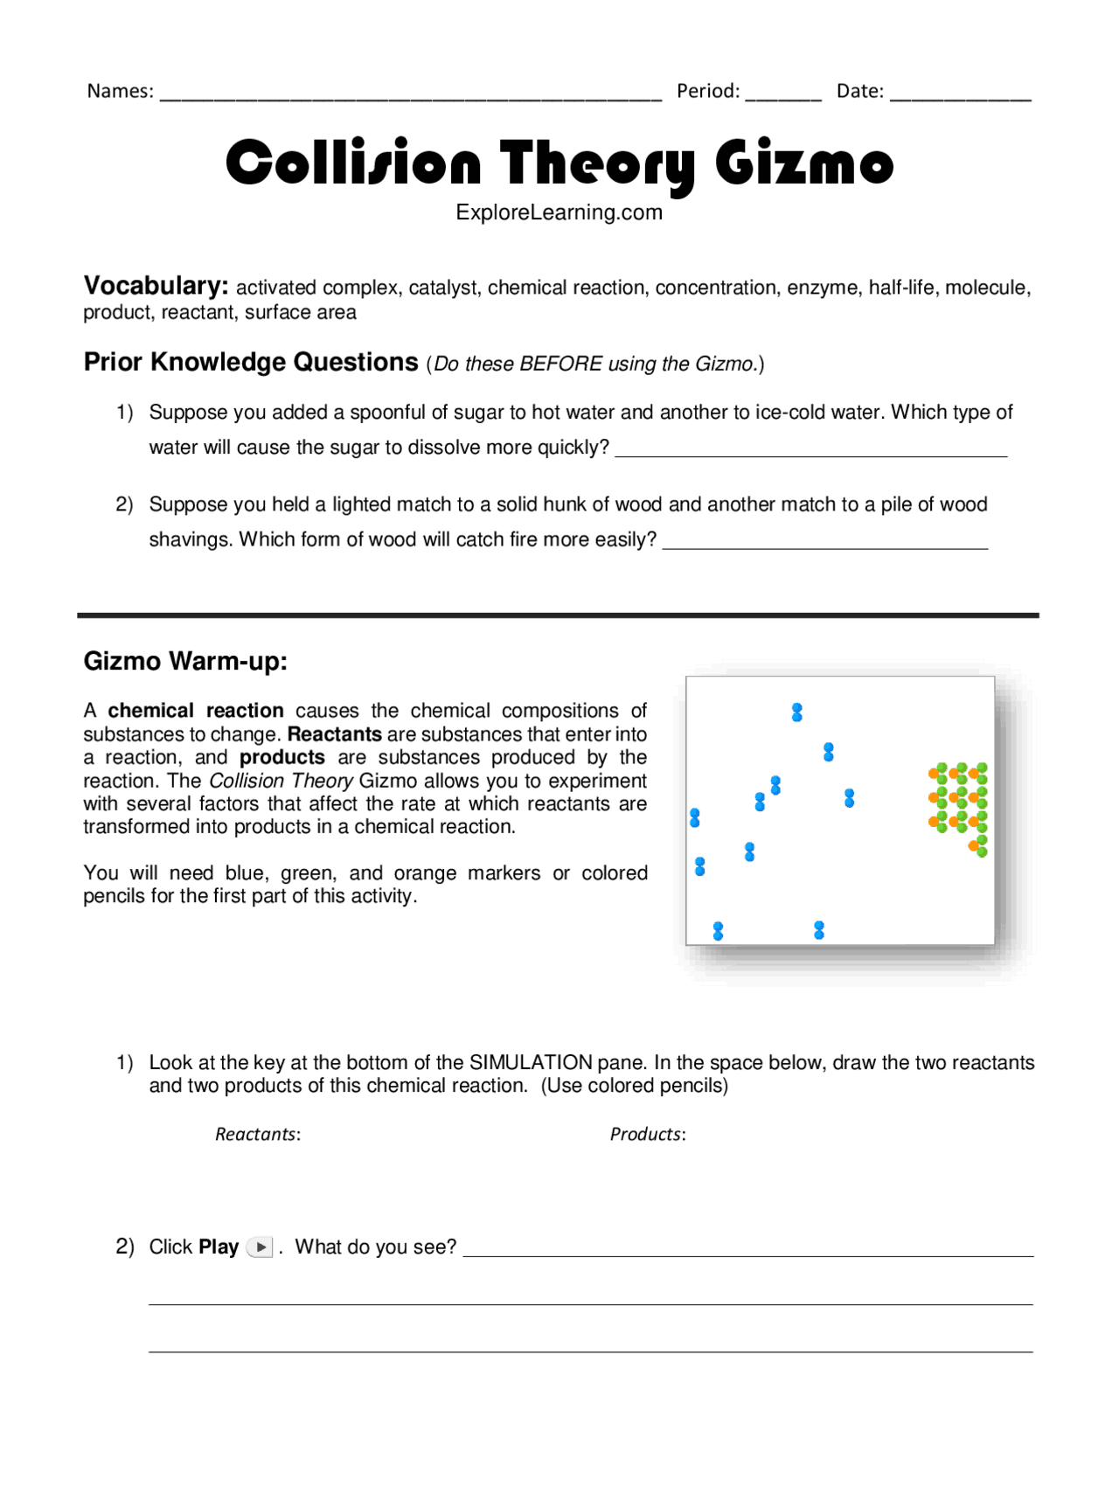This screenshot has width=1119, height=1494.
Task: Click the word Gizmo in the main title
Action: pos(803,163)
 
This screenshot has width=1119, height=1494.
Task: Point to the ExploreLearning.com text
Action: pos(559,212)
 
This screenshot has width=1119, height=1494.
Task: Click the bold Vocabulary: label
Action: pos(156,286)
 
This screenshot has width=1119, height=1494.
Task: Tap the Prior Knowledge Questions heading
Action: pos(251,362)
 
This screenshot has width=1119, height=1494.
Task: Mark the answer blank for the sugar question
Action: pos(810,449)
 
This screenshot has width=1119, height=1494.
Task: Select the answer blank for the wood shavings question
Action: pos(824,541)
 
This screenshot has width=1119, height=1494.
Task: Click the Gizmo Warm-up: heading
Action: pos(185,661)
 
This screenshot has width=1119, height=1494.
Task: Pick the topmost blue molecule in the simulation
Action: pos(796,712)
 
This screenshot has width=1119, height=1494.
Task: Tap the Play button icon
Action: pos(261,1247)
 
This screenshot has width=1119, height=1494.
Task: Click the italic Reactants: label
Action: pos(258,1135)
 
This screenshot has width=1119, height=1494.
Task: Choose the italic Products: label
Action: pos(648,1135)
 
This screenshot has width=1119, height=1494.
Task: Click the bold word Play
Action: pos(219,1247)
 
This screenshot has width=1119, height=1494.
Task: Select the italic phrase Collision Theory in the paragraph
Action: pos(281,781)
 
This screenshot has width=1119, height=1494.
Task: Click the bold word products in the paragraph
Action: pos(281,757)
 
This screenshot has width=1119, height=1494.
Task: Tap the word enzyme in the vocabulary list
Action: pos(822,288)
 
